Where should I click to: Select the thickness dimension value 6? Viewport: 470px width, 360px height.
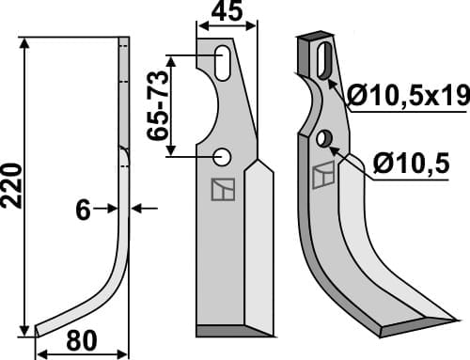click(83, 211)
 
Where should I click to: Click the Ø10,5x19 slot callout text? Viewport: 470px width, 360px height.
click(406, 96)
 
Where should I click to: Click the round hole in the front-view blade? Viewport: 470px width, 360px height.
click(223, 155)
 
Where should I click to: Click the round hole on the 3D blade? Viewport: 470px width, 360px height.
click(324, 139)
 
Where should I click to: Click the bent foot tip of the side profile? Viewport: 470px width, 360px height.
click(39, 329)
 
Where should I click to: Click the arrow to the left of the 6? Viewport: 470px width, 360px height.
click(109, 209)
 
